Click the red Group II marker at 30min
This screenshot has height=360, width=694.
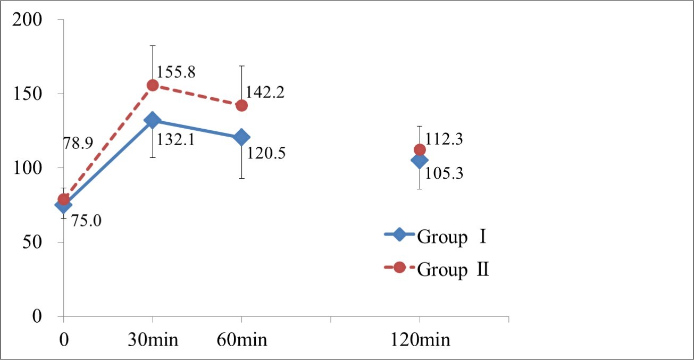pyautogui.click(x=153, y=85)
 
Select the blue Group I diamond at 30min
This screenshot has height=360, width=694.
pyautogui.click(x=153, y=120)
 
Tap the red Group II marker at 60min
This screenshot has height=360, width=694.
pyautogui.click(x=241, y=105)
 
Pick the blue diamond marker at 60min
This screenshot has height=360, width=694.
pyautogui.click(x=241, y=137)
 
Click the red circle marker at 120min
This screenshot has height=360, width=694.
pyautogui.click(x=420, y=150)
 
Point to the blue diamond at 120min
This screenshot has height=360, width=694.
pyautogui.click(x=419, y=160)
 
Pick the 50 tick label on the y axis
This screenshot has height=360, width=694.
pyautogui.click(x=36, y=242)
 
